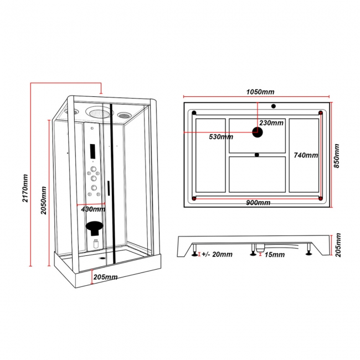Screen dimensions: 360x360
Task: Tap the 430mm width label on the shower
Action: pyautogui.click(x=93, y=209)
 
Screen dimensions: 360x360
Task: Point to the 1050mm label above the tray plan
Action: pyautogui.click(x=259, y=92)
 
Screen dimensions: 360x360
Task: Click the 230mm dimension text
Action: pyautogui.click(x=271, y=123)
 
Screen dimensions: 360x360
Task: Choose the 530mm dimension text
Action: pyautogui.click(x=221, y=137)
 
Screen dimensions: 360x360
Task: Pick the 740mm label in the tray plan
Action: pyautogui.click(x=306, y=155)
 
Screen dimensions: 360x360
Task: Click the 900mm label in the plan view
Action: pyautogui.click(x=258, y=202)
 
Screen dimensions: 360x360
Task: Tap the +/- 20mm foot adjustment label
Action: pyautogui.click(x=217, y=255)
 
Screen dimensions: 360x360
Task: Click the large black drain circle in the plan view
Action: pyautogui.click(x=258, y=132)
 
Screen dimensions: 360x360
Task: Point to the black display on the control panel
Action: pyautogui.click(x=92, y=150)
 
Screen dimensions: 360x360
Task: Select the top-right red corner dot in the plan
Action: pyautogui.click(x=321, y=113)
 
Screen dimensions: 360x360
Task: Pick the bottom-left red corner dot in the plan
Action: pyautogui.click(x=193, y=198)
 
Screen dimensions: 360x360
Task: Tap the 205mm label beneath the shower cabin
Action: pyautogui.click(x=105, y=276)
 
